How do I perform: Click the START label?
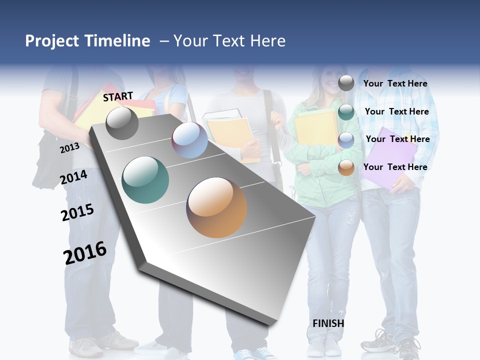pyautogui.click(x=118, y=96)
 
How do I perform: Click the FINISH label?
pyautogui.click(x=328, y=323)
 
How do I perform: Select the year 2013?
pyautogui.click(x=69, y=147)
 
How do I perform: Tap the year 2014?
pyautogui.click(x=74, y=177)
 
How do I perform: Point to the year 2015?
pyautogui.click(x=77, y=212)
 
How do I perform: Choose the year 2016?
pyautogui.click(x=85, y=253)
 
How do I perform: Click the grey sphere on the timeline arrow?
pyautogui.click(x=122, y=123)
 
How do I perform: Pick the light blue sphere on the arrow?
pyautogui.click(x=189, y=140)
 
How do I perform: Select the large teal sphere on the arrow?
pyautogui.click(x=145, y=180)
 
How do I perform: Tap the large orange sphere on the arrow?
pyautogui.click(x=216, y=207)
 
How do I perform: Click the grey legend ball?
pyautogui.click(x=346, y=83)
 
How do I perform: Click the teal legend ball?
pyautogui.click(x=346, y=112)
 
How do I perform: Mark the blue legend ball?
pyautogui.click(x=346, y=140)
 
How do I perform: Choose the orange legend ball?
pyautogui.click(x=346, y=168)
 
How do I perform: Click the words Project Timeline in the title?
pyautogui.click(x=87, y=41)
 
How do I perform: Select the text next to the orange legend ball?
pyautogui.click(x=395, y=167)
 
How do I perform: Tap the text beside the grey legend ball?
pyautogui.click(x=395, y=83)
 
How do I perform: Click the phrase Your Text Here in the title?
pyautogui.click(x=229, y=41)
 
